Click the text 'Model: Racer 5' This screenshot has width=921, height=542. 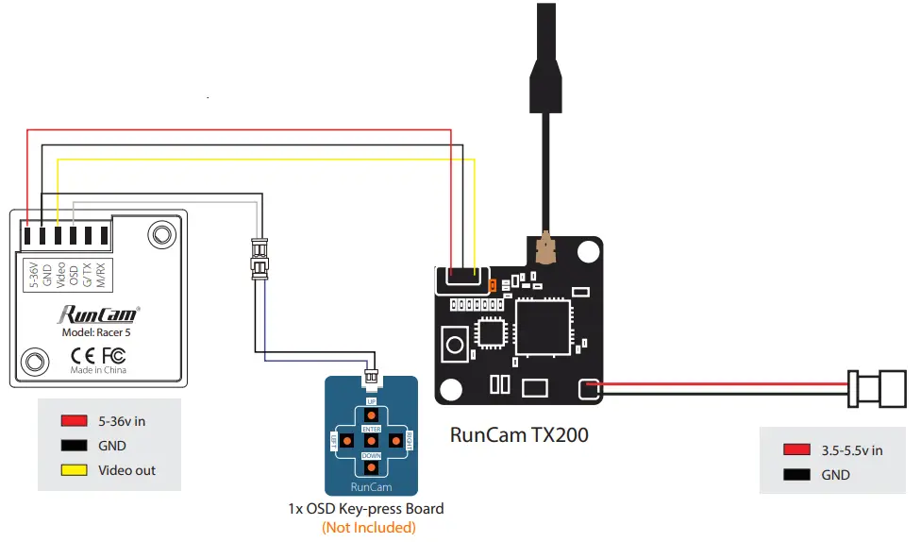(x=98, y=332)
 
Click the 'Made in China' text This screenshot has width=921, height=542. (x=98, y=370)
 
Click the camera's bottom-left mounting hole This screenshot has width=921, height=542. (x=35, y=361)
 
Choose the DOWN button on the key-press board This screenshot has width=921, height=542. (x=372, y=467)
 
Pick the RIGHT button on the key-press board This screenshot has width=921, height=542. (x=398, y=440)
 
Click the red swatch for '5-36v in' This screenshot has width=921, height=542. (x=74, y=421)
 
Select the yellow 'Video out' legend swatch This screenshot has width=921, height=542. (x=74, y=470)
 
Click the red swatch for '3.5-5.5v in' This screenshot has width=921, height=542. (x=796, y=450)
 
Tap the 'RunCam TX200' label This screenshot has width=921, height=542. (x=519, y=435)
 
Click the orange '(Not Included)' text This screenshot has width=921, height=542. (x=368, y=527)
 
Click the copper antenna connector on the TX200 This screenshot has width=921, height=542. (x=545, y=249)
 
